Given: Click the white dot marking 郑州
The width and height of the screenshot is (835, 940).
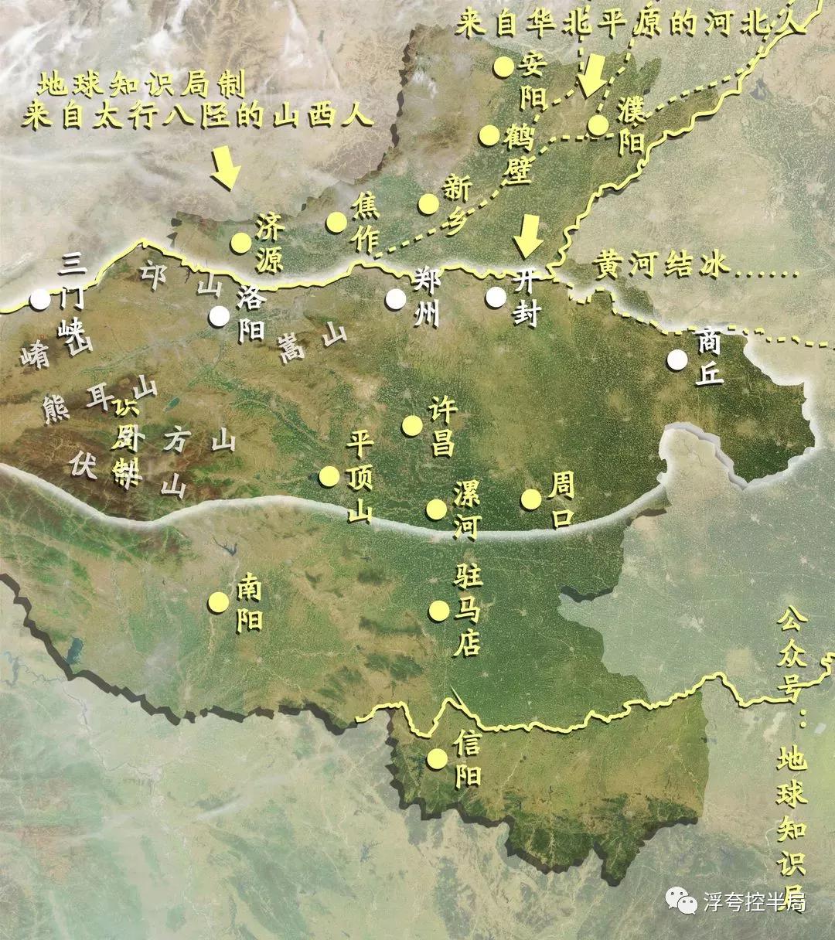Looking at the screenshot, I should pyautogui.click(x=397, y=298).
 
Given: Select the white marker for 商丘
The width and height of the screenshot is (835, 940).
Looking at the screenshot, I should pyautogui.click(x=678, y=359).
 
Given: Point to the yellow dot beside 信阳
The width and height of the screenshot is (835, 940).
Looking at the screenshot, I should pyautogui.click(x=438, y=758).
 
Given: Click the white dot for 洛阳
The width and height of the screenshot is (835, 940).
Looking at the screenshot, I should pyautogui.click(x=220, y=315).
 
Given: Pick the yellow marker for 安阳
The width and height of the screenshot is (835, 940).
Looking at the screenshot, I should pyautogui.click(x=504, y=66).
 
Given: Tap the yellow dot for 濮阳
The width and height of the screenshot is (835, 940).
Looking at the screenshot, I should pyautogui.click(x=598, y=125).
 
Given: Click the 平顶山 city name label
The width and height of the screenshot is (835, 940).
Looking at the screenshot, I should pyautogui.click(x=360, y=477).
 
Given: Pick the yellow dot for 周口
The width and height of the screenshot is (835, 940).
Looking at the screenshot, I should pyautogui.click(x=531, y=499).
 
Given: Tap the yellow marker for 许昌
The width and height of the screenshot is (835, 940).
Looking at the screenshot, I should pyautogui.click(x=412, y=425).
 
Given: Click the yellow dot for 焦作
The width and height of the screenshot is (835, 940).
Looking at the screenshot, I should pyautogui.click(x=336, y=222).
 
